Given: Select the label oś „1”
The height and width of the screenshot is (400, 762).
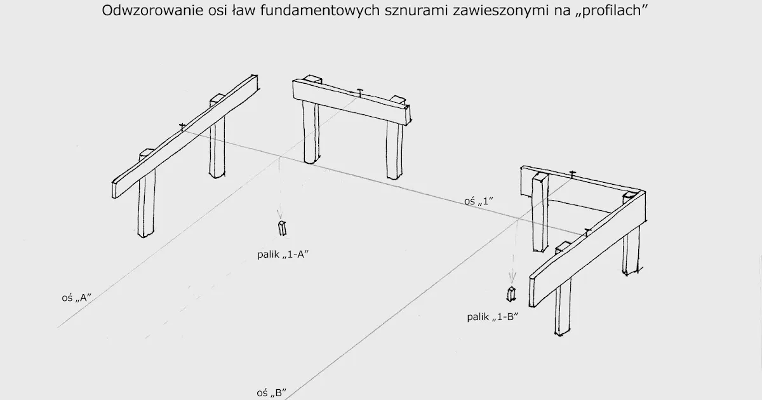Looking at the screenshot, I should click(x=479, y=201).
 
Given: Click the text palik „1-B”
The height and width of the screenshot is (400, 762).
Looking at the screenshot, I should click(x=493, y=317).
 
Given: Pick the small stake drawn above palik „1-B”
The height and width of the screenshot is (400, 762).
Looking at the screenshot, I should click(x=511, y=295).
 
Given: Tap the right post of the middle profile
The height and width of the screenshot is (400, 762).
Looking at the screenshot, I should click(x=394, y=149).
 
